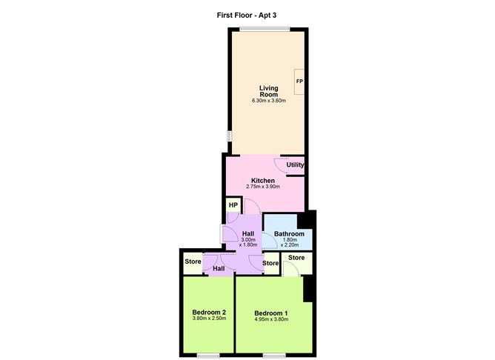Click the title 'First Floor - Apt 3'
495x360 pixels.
[247, 13]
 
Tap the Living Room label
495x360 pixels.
[264, 91]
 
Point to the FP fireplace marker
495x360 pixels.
[299, 81]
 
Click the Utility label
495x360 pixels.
[296, 164]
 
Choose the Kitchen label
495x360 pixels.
[263, 181]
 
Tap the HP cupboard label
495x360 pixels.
[233, 205]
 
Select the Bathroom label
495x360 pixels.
[289, 234]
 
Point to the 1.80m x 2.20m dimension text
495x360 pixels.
[289, 244]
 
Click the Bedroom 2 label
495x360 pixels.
[208, 312]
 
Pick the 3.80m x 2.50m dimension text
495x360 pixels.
[209, 319]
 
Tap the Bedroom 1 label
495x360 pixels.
[270, 313]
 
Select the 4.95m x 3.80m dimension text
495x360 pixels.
[270, 320]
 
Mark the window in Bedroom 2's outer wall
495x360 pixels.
[209, 355]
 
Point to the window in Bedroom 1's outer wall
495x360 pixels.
[273, 355]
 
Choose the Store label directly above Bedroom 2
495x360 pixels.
[193, 261]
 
